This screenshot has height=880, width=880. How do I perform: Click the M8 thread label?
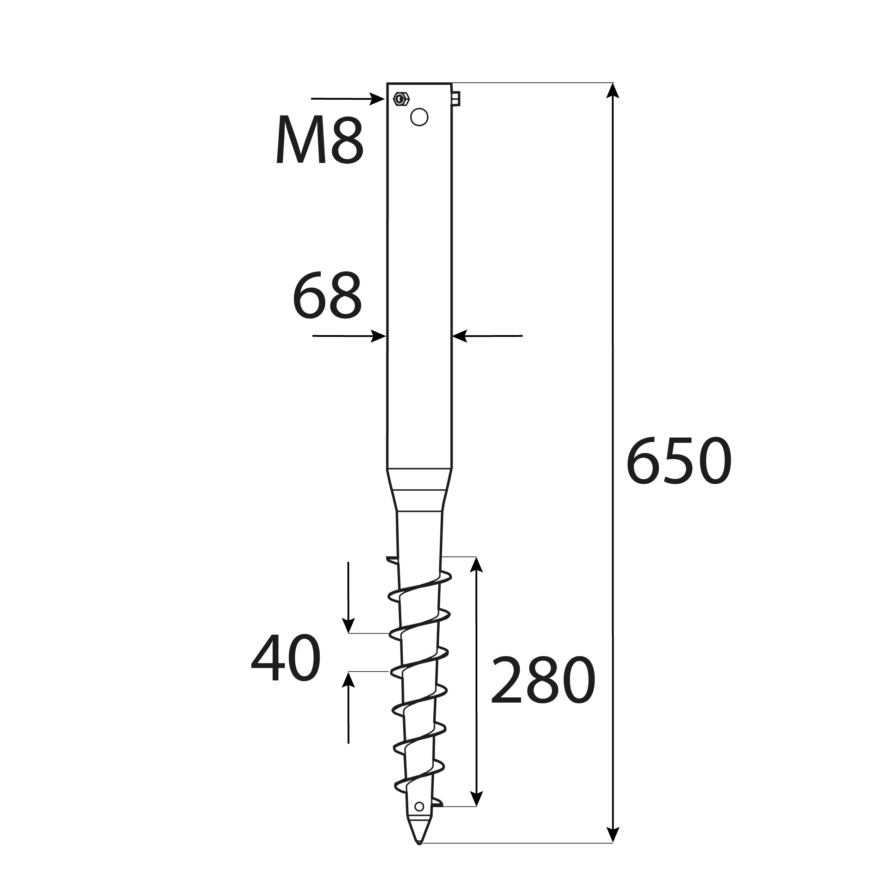pos(320,139)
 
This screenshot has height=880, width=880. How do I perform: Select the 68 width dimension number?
pos(327,295)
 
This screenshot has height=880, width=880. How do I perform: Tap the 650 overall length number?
pos(679,461)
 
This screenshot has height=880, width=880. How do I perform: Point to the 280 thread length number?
pos(543,680)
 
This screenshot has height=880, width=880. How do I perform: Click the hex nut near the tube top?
pos(401,99)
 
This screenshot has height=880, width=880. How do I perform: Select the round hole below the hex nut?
pos(419,117)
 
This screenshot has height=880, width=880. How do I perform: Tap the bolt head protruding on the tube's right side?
pos(456,99)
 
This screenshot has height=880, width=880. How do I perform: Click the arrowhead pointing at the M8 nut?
pos(377,99)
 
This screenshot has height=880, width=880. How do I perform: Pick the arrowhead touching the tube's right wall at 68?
pos(460,336)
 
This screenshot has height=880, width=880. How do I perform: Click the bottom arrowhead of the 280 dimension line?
pos(476,812)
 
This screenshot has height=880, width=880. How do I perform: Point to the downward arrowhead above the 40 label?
pos(348,626)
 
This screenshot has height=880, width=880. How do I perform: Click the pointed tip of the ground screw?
pos(419,855)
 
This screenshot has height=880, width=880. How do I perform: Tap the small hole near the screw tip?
pos(419,819)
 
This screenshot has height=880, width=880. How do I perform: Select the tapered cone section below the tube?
pos(419,490)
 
